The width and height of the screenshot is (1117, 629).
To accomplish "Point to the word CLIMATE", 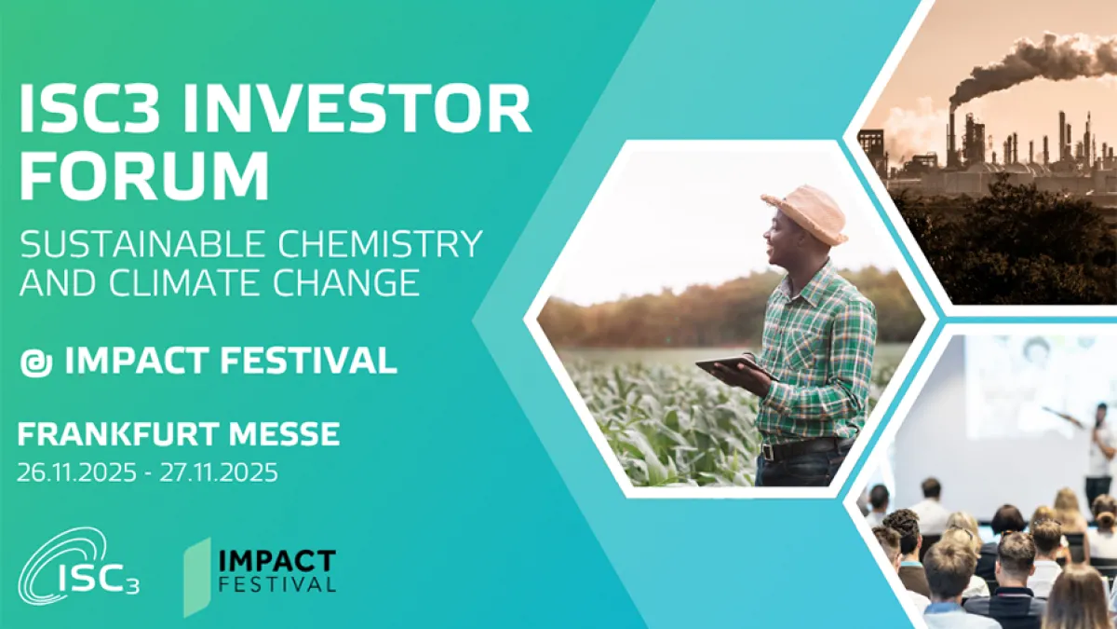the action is pyautogui.click(x=187, y=282).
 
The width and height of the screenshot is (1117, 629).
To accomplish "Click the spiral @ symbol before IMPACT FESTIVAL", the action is pyautogui.click(x=36, y=362).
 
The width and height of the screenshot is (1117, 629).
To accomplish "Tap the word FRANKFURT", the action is pyautogui.click(x=119, y=433).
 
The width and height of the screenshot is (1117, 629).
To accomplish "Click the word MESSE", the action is pyautogui.click(x=284, y=433).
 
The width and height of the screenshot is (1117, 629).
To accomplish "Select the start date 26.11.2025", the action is pyautogui.click(x=76, y=472).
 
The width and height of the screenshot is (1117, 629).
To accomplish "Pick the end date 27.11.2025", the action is pyautogui.click(x=219, y=472).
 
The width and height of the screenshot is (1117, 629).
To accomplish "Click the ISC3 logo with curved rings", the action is pyautogui.click(x=78, y=568).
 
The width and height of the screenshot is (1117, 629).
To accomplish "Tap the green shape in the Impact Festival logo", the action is pyautogui.click(x=197, y=577).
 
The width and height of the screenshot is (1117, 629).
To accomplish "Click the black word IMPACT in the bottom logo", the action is pyautogui.click(x=277, y=561).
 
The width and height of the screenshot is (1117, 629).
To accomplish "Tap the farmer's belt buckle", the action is pyautogui.click(x=768, y=451).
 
